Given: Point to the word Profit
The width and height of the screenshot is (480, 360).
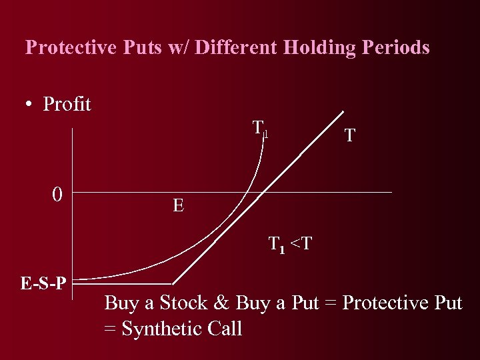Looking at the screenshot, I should coord(67,105).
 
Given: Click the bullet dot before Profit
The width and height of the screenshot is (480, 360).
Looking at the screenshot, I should coord(29,105).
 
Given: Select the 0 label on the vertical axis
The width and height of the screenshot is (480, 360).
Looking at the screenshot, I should coord(58,195).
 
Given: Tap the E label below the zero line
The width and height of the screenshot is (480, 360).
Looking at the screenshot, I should coord(178,206).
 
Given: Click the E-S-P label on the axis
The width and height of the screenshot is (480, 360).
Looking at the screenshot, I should coord(43,284).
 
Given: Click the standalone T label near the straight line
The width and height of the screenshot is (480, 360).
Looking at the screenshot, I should coord(349,137).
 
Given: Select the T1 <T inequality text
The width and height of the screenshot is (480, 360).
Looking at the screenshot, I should coord(289,245).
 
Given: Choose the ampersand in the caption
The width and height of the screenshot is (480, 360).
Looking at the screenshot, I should coord(221,303).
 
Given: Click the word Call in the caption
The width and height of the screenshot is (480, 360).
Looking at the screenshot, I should coord(225,329).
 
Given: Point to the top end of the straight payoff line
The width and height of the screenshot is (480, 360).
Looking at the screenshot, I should coord(343,111).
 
